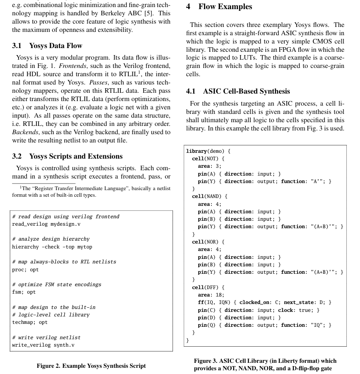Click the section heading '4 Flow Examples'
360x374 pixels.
(x=219, y=7)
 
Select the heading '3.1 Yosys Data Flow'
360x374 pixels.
(x=47, y=46)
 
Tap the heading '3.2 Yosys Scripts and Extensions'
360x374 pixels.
(x=67, y=156)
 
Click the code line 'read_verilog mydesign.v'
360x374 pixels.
(x=46, y=224)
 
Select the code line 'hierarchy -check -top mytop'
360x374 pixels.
(x=52, y=247)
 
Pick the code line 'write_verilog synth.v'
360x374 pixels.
(x=43, y=345)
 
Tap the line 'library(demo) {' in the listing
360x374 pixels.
(x=208, y=151)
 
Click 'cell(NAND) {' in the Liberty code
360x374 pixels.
(x=210, y=196)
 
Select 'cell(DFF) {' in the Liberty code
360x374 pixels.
(x=208, y=287)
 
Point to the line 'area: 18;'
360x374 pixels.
(x=211, y=295)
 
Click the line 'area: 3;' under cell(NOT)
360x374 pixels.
(x=209, y=166)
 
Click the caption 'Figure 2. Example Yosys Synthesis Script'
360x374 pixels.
(x=91, y=366)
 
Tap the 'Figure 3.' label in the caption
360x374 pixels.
(x=206, y=361)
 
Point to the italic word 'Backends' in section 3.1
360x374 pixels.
(x=25, y=132)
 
